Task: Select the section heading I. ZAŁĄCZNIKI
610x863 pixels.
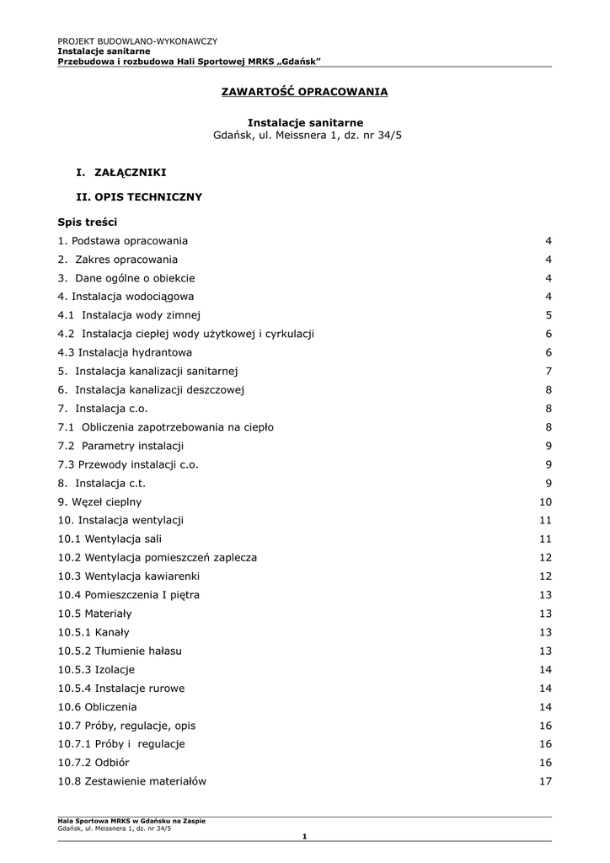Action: click(x=120, y=172)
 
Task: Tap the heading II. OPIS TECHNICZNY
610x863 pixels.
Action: click(x=139, y=197)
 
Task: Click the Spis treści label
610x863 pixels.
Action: click(x=88, y=222)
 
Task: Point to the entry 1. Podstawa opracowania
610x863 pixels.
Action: click(x=123, y=241)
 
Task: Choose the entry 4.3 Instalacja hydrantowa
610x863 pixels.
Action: click(x=125, y=352)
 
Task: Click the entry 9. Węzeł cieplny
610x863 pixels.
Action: click(x=99, y=501)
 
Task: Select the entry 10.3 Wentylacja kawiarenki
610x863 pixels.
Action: click(x=129, y=576)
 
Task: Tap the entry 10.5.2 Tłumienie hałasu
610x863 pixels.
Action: click(x=120, y=651)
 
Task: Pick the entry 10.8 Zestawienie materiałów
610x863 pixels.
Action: click(x=132, y=781)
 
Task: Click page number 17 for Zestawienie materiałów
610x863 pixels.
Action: click(x=545, y=781)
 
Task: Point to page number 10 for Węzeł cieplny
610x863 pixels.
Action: click(x=545, y=501)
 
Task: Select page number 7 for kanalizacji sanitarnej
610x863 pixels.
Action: click(x=548, y=371)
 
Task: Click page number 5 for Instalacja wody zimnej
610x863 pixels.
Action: click(x=548, y=315)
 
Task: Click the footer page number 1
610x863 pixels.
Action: click(x=304, y=835)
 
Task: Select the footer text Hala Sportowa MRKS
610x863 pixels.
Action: click(x=131, y=821)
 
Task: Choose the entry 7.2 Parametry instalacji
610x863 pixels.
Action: click(x=120, y=446)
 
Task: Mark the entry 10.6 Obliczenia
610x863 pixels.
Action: click(x=97, y=706)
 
